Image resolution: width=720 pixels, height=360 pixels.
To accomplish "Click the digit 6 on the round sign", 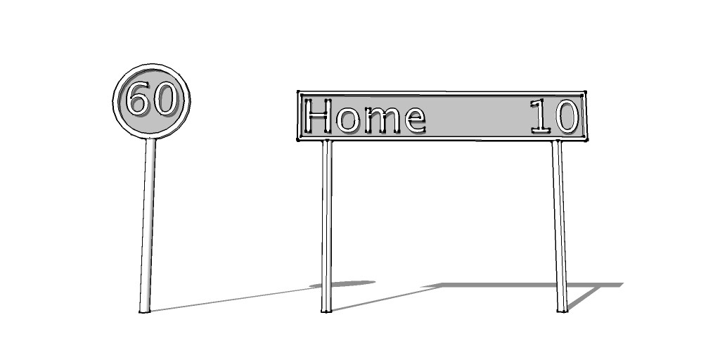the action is point(139,98).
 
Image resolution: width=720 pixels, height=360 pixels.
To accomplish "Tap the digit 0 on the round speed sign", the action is point(165,98).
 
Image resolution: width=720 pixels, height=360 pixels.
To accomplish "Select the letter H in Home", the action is point(318,116).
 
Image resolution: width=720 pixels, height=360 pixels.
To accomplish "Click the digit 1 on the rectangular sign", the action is point(541,116).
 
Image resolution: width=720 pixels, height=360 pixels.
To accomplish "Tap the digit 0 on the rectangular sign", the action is point(567,116).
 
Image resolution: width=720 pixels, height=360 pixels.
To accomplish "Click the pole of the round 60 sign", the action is point(148,225).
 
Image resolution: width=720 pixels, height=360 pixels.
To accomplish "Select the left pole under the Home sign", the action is point(326,226).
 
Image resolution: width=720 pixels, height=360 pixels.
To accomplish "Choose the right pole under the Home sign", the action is point(560,226).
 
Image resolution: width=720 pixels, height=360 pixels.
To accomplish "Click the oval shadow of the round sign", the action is point(342,284).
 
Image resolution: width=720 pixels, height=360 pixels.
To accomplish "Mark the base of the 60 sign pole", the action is point(145,311).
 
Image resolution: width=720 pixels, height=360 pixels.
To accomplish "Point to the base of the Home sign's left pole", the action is point(326,311).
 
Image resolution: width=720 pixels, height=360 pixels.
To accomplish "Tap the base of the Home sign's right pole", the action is point(562,311).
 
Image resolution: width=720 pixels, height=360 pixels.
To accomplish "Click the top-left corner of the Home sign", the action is point(298,93).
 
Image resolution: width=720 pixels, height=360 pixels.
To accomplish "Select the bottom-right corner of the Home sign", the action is point(586,139).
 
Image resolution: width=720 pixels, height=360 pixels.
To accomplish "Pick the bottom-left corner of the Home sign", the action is point(298,139).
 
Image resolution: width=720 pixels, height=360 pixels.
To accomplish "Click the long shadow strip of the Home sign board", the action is point(523,285).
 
